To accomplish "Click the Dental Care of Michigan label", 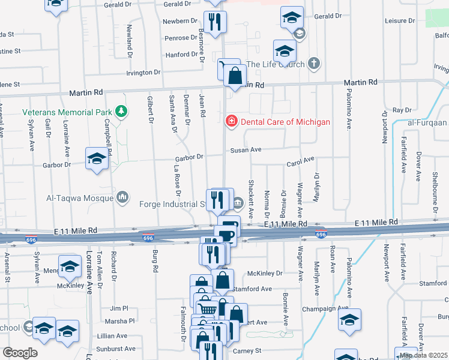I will (x=285, y=122).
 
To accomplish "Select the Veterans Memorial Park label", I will (x=67, y=112).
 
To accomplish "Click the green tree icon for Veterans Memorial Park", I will (x=122, y=112).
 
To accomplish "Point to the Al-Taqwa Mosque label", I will (x=80, y=197).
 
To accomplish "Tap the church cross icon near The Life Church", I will (x=313, y=64).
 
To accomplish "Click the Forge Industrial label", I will (x=173, y=204).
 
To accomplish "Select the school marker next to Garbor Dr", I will (x=96, y=158).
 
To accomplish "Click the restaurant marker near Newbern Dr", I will (x=214, y=22).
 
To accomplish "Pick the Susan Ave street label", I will (x=247, y=149).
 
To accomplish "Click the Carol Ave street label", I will (x=301, y=161).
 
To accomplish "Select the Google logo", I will (x=20, y=353).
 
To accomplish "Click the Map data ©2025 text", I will (x=423, y=355).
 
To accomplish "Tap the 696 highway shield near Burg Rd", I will (x=148, y=238).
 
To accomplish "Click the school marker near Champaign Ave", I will (x=349, y=319).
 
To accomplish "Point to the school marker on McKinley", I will (x=70, y=266).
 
